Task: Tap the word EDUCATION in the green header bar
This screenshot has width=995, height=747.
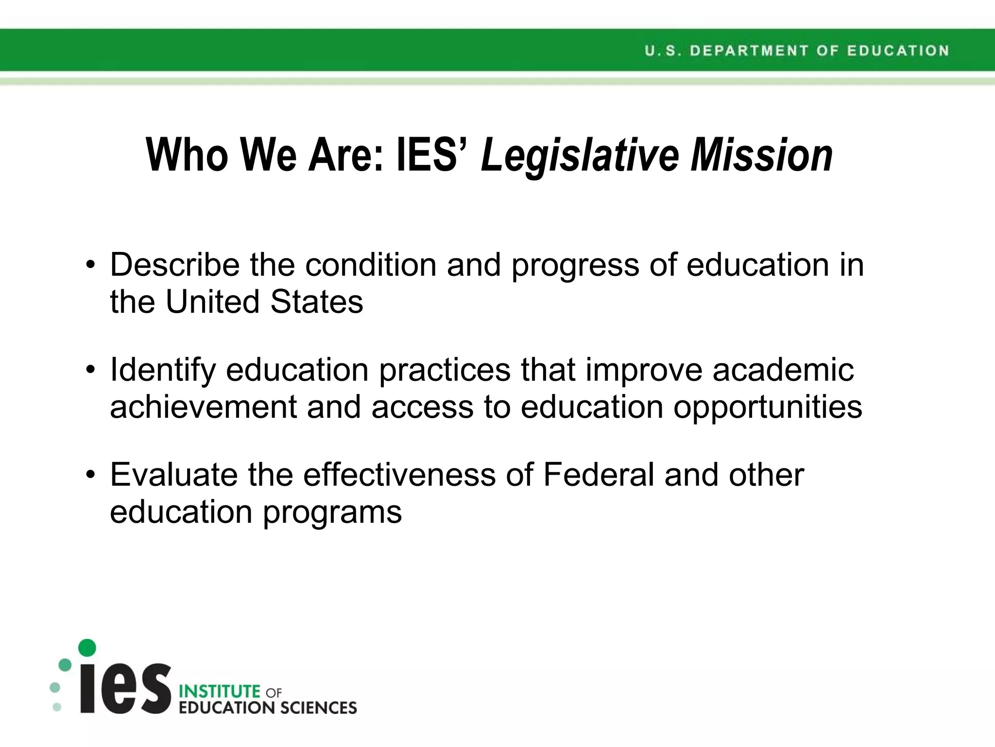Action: (x=898, y=51)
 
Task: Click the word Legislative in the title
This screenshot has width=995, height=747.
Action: (x=580, y=155)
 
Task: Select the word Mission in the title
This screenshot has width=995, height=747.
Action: (x=762, y=155)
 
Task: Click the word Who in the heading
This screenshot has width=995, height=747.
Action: (x=187, y=155)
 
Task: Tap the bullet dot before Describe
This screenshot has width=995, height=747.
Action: (x=90, y=266)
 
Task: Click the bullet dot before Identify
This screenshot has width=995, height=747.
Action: (x=90, y=371)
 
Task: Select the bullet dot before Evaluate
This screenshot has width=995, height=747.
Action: (x=90, y=475)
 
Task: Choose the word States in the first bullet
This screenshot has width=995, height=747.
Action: (x=316, y=302)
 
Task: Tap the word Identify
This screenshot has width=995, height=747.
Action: (x=163, y=371)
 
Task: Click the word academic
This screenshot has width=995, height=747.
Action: (x=783, y=371)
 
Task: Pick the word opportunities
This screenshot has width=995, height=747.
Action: (x=768, y=408)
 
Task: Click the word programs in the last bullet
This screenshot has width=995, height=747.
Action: (x=332, y=513)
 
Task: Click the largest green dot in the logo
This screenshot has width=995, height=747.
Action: (x=87, y=648)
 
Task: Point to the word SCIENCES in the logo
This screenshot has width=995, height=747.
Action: (x=319, y=708)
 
